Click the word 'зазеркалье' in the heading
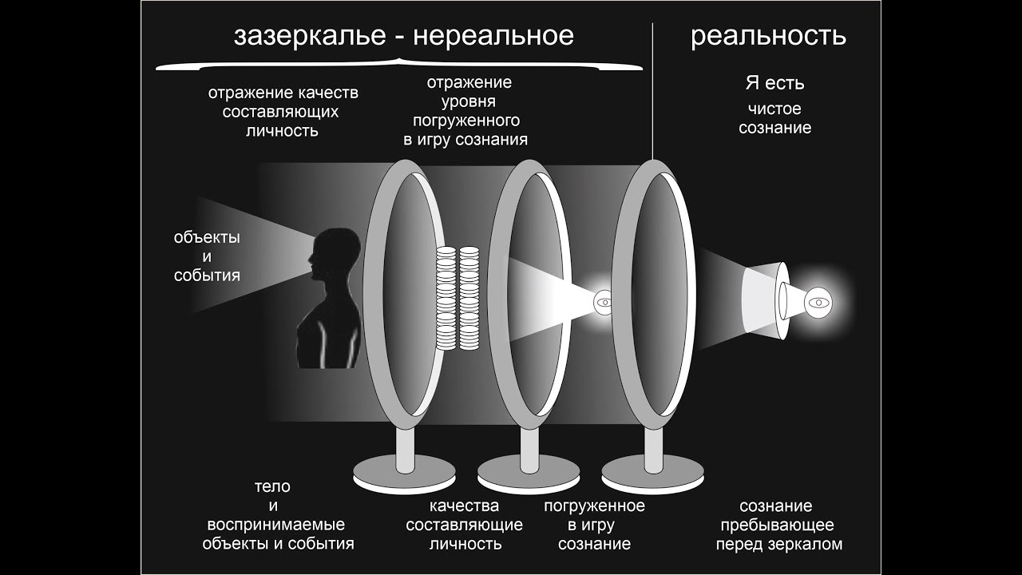click(309, 37)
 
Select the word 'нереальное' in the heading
click(496, 37)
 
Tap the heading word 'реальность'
click(768, 37)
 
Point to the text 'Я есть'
click(774, 83)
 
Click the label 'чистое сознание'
click(774, 118)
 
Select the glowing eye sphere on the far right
click(819, 302)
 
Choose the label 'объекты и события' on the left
click(207, 257)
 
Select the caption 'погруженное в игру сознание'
click(594, 525)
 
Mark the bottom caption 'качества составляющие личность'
click(465, 525)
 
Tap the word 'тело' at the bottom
click(272, 486)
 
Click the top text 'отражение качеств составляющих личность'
click(283, 112)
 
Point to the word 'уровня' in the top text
click(469, 102)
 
